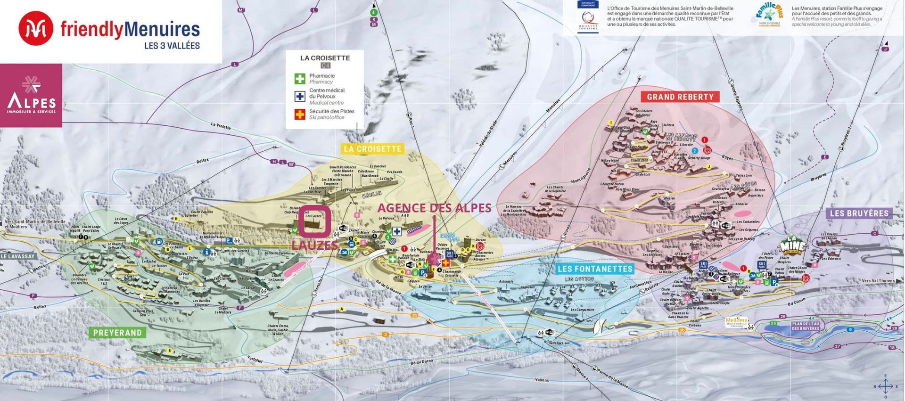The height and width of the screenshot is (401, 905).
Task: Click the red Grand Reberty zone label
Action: (x=680, y=97)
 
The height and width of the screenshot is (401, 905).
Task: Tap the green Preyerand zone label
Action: (x=117, y=333)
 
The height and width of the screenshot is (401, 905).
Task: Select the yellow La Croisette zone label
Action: (x=372, y=149)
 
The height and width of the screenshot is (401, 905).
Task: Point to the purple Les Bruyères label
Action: (x=859, y=213)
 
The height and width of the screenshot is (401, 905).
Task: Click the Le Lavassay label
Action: (x=18, y=256)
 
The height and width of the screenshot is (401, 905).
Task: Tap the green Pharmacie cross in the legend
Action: (x=300, y=79)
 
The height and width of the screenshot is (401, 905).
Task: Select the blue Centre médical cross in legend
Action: (x=300, y=97)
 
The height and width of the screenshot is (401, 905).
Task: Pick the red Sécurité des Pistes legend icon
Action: (x=300, y=114)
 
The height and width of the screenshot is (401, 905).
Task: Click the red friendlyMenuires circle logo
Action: (x=36, y=29)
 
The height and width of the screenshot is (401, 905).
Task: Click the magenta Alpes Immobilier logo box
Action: (x=31, y=96)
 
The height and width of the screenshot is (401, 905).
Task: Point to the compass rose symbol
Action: (x=885, y=387)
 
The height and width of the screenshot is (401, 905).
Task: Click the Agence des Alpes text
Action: (x=434, y=208)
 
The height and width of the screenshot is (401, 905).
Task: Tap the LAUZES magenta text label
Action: (x=314, y=245)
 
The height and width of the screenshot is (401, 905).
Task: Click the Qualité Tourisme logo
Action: (x=588, y=16)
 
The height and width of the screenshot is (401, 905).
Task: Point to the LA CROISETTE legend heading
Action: (x=325, y=58)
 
